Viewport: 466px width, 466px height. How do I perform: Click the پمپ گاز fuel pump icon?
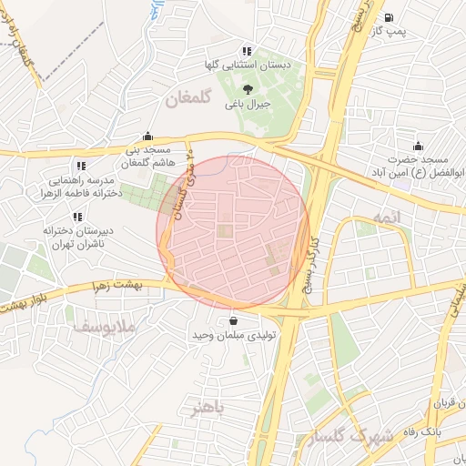390,17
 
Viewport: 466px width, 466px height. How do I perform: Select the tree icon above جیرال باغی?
248,88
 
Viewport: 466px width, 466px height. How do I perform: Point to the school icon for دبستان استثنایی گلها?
246,51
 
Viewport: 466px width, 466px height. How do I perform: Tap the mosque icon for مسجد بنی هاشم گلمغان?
147,136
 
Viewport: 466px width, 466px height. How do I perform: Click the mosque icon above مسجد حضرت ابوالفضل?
418,146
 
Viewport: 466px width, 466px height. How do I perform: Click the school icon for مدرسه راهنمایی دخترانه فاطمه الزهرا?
80,167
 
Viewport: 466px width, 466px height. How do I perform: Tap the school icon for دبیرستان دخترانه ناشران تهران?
76,217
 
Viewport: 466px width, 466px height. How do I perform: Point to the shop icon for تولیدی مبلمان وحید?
235,320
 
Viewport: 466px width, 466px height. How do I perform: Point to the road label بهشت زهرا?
116,285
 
